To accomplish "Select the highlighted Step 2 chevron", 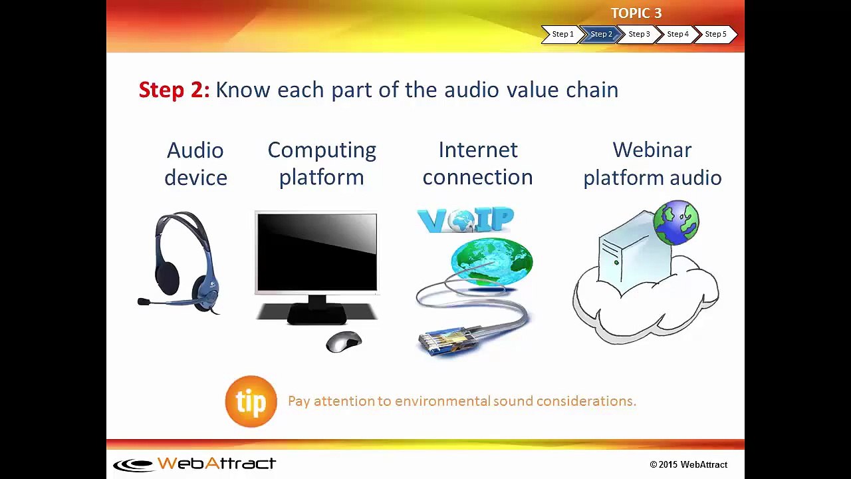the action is [601, 34].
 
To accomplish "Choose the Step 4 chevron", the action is [677, 34].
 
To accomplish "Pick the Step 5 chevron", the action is [716, 34].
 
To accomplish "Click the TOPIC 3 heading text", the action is [636, 13].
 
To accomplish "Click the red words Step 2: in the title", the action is [174, 90].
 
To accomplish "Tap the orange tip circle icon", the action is [251, 401].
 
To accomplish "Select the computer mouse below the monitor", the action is [344, 341].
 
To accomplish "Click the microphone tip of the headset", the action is [144, 302].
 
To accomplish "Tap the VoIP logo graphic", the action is [465, 220].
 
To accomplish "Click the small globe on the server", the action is [676, 223].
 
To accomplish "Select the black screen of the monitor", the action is [317, 252].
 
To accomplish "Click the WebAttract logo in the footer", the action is [195, 464].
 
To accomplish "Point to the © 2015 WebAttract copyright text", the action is [688, 464].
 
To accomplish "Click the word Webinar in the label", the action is [652, 150].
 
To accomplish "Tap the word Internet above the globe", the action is [478, 150].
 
